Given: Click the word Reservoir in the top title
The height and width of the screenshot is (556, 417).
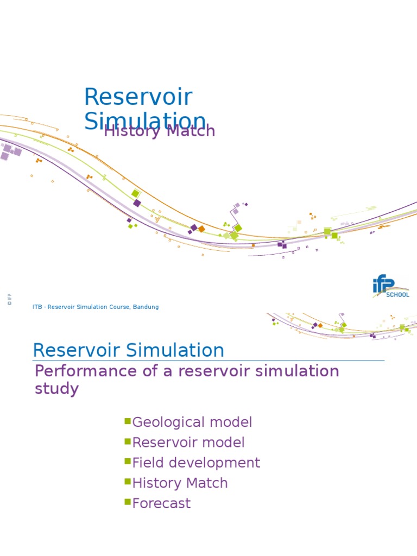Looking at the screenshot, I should click(138, 97).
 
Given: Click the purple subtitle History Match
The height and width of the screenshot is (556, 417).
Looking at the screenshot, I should click(160, 131).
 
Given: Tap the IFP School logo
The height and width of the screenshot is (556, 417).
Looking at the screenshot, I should click(390, 287).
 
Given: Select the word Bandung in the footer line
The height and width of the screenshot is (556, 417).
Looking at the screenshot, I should click(145, 307).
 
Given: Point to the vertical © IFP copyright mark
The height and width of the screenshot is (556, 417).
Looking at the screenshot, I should click(9, 299).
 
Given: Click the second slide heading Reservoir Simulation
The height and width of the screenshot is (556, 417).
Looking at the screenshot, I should click(128, 350).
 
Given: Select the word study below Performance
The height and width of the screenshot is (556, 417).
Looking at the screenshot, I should click(56, 389).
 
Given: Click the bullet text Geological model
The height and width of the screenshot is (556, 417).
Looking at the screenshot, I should click(192, 422).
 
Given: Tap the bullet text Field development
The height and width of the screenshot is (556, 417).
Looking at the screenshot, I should click(196, 463).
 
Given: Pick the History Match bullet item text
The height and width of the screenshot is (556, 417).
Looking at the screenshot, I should click(180, 483).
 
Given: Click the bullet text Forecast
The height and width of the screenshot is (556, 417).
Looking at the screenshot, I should click(161, 503).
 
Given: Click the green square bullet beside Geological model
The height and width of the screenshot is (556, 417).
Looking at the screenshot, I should click(128, 421).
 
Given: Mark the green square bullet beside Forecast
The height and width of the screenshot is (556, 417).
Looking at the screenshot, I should click(128, 502).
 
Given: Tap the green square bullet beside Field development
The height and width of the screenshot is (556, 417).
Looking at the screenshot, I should click(128, 462).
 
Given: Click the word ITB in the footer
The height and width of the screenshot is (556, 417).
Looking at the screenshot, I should click(37, 307).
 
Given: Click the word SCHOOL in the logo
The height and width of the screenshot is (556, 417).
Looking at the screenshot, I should click(397, 295).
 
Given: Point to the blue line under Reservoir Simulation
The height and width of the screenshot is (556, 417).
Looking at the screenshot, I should click(208, 361).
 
